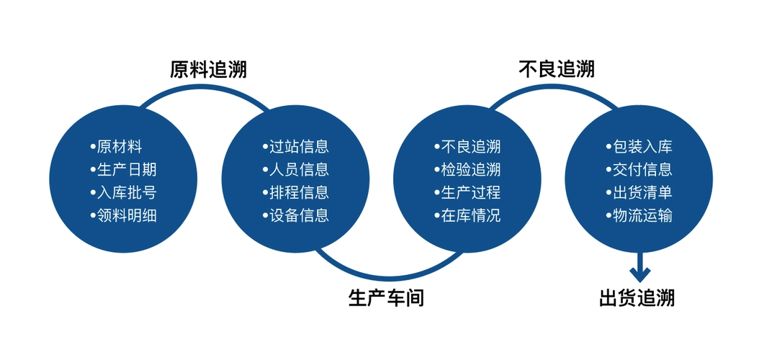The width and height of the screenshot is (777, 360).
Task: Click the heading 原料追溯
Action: tap(208, 70)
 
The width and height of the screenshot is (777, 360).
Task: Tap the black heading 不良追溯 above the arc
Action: tap(557, 69)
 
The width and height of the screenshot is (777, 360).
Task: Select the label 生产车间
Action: tap(387, 298)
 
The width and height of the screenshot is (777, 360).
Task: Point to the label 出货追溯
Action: tap(637, 298)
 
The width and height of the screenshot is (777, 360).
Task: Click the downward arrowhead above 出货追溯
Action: tap(639, 274)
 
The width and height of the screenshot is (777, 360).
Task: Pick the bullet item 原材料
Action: tap(117, 147)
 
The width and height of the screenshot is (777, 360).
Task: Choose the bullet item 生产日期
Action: tap(123, 169)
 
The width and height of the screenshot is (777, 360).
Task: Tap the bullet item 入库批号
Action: tap(123, 193)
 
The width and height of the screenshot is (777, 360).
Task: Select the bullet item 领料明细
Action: tap(123, 215)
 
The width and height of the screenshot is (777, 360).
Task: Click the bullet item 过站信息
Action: tap(295, 147)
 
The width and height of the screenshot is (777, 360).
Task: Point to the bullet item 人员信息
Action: tap(295, 169)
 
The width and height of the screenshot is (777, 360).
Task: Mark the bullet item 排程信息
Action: tap(295, 193)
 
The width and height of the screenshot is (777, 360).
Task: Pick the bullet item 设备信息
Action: tap(295, 215)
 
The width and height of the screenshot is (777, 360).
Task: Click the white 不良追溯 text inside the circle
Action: tap(467, 147)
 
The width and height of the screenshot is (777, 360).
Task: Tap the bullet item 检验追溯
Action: tap(467, 169)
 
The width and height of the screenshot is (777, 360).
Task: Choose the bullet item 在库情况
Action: tap(467, 215)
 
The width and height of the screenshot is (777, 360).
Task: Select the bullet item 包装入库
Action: tap(639, 147)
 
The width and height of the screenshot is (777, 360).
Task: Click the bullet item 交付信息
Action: tap(639, 169)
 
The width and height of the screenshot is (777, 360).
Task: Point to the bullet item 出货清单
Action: tap(639, 193)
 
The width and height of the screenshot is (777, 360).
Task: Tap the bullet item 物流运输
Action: tap(639, 215)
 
